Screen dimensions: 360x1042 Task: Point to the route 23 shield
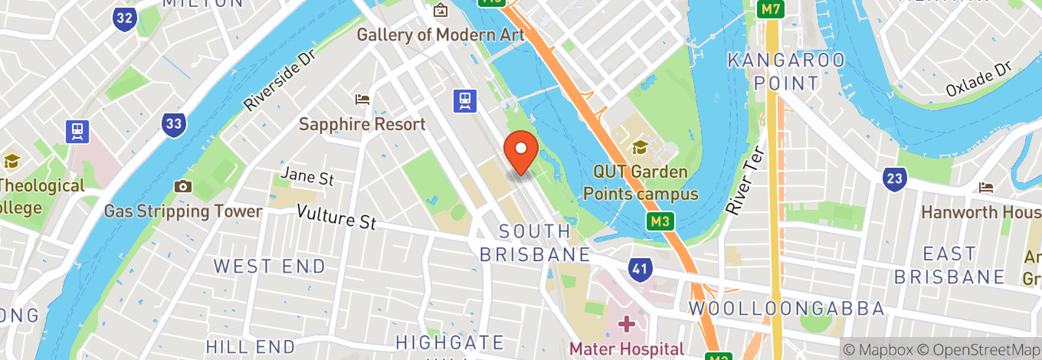[893, 179]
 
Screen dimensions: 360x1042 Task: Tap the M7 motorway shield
[771, 10]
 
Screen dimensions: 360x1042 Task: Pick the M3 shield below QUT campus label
[658, 222]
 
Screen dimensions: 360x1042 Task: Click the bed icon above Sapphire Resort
[362, 100]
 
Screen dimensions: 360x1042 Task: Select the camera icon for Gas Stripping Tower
[182, 186]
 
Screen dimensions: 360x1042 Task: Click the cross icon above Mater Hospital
[627, 324]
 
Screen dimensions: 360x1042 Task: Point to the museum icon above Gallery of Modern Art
[441, 11]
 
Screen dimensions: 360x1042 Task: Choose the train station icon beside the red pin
[464, 100]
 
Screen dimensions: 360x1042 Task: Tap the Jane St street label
[307, 177]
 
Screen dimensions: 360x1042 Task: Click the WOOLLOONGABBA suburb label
[787, 309]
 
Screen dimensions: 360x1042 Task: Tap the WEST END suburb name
[270, 267]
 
